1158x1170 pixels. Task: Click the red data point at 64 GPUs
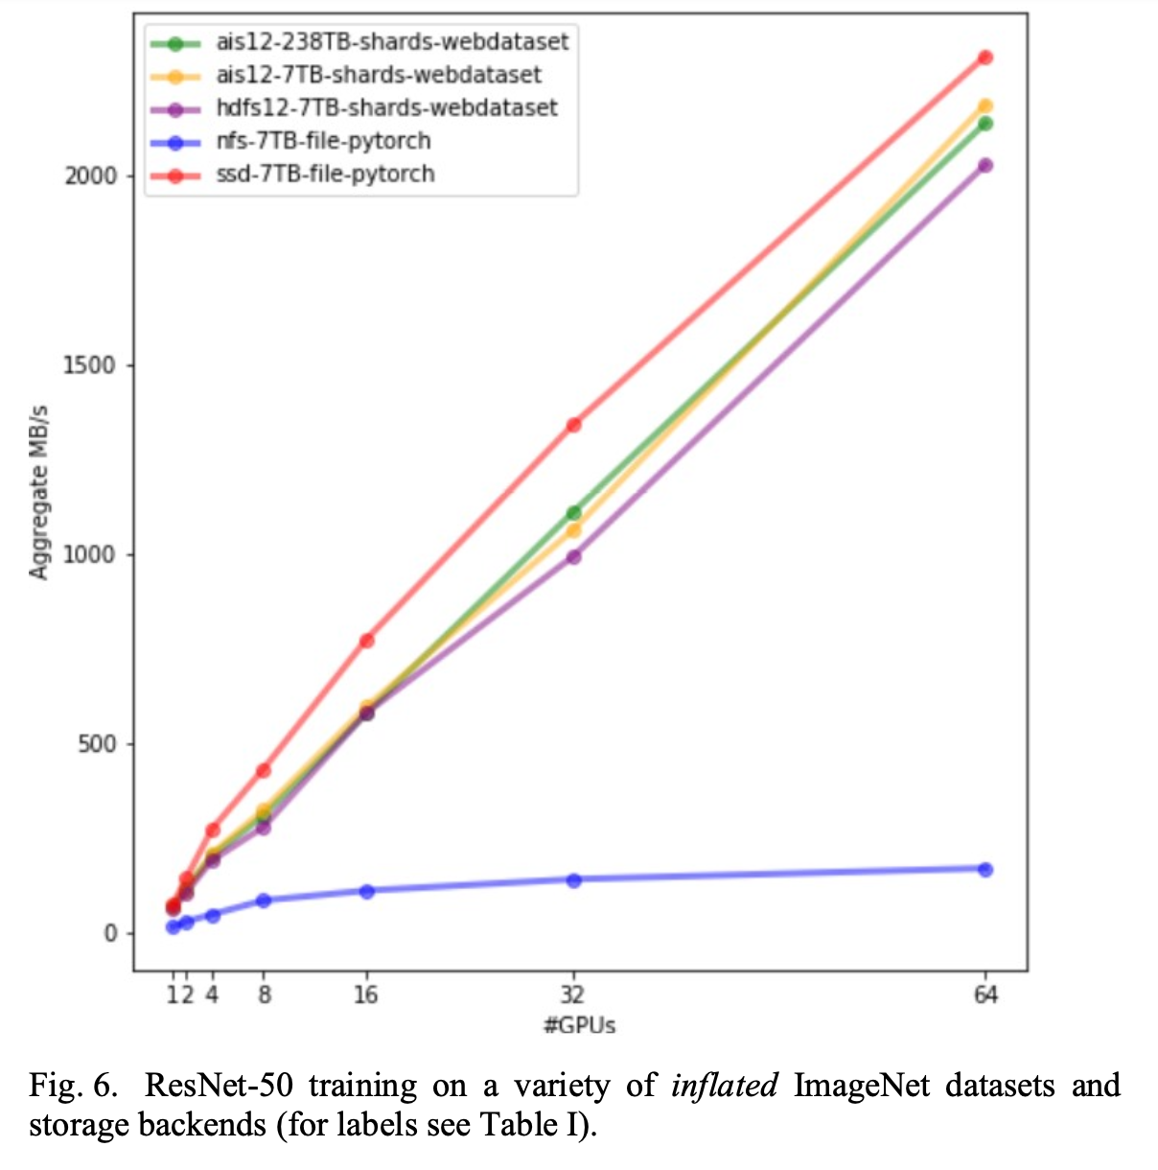tap(984, 58)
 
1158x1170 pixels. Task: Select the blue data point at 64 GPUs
tap(984, 869)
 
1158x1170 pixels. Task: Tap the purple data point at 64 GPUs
tap(984, 165)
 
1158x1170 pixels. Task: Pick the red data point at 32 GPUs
tap(573, 424)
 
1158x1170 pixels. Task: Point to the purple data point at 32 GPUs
tap(573, 556)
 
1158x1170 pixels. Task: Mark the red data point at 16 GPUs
tap(366, 640)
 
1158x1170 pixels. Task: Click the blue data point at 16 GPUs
tap(366, 891)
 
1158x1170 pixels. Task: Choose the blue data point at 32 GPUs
tap(573, 879)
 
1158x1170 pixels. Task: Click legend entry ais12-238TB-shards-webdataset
tap(391, 42)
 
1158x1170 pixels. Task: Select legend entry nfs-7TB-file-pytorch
tap(322, 141)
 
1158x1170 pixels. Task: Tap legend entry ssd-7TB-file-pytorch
tap(325, 174)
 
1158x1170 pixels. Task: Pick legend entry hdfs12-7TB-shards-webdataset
tap(385, 107)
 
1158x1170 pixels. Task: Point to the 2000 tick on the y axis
tap(90, 175)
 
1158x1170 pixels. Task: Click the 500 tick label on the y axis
tap(96, 744)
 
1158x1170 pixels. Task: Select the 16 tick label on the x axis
tap(365, 994)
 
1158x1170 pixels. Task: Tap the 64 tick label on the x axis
tap(984, 994)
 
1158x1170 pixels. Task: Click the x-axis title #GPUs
tap(579, 1025)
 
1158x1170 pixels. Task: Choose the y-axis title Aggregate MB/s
tap(38, 492)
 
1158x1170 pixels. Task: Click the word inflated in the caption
tap(725, 1086)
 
